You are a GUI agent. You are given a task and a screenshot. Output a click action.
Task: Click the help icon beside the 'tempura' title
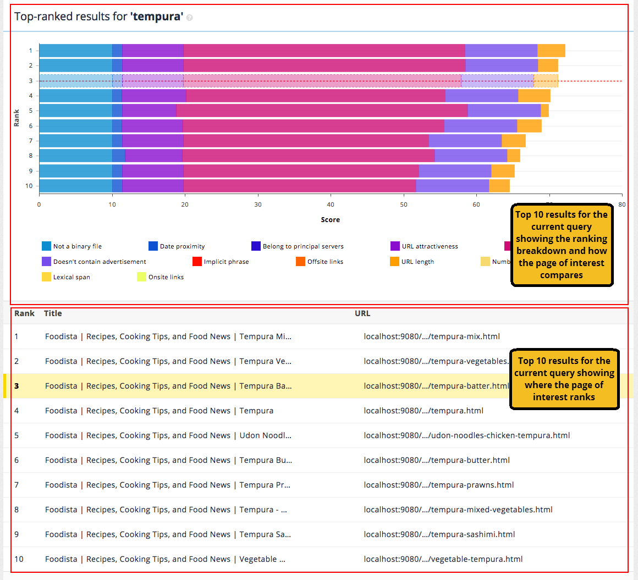[190, 18]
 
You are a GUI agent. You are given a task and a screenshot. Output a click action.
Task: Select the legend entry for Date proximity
[177, 246]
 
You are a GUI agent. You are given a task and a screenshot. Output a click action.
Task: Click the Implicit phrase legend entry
[221, 262]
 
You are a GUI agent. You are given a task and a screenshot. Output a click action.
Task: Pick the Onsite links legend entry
[161, 277]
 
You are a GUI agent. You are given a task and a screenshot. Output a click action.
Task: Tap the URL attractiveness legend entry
[424, 246]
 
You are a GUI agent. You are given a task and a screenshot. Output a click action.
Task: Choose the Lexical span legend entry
[66, 277]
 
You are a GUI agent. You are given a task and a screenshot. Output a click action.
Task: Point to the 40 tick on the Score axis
[331, 205]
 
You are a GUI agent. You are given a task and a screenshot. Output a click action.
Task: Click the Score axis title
[331, 220]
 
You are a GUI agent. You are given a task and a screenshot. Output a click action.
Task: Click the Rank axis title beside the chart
[16, 118]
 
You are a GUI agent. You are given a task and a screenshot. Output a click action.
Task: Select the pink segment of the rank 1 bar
[324, 51]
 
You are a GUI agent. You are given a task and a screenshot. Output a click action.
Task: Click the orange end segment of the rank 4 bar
[534, 96]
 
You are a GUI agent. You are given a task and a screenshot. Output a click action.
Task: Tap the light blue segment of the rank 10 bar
[75, 186]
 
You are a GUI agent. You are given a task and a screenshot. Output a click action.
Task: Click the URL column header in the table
[362, 313]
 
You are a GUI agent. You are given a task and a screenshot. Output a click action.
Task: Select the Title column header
[53, 313]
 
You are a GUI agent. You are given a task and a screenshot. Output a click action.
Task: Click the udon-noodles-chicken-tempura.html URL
[466, 435]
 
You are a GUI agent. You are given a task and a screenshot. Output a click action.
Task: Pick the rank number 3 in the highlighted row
[16, 386]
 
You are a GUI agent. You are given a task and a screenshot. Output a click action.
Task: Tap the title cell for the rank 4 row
[159, 411]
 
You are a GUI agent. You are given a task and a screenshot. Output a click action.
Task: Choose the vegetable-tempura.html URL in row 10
[443, 559]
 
